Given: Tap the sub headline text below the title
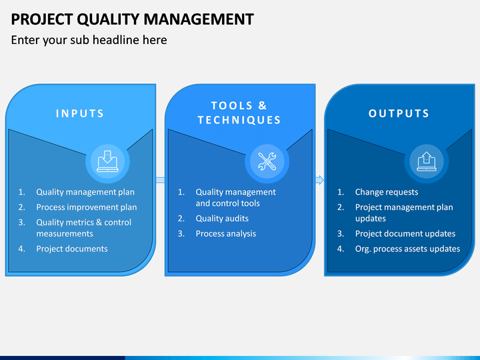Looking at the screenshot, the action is point(89,40).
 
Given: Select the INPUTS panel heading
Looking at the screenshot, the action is point(80,113).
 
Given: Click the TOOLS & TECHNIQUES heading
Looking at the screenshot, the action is point(239,113).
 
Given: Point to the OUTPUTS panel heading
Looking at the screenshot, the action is point(399,113).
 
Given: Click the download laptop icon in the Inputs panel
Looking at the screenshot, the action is point(107,161).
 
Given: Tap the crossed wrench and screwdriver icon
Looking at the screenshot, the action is point(267,161).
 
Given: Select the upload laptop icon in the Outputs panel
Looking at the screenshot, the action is point(427,161).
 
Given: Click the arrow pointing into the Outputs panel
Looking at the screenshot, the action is point(319,180).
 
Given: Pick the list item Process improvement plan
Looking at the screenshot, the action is point(87,207).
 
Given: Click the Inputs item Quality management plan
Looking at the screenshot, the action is point(85,192).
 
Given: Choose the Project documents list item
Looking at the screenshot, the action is point(72,249).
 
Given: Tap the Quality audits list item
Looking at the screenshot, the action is point(222,218).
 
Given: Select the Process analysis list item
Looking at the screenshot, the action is point(226,233).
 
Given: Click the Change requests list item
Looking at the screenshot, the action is point(387,192).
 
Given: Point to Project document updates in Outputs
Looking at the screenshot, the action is point(405,233).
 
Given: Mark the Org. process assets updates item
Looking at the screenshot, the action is point(407,249).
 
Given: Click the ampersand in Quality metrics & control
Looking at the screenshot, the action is point(99,222).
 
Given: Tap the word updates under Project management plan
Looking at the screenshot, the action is point(371,218).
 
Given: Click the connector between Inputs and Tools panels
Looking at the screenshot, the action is point(161,180).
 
